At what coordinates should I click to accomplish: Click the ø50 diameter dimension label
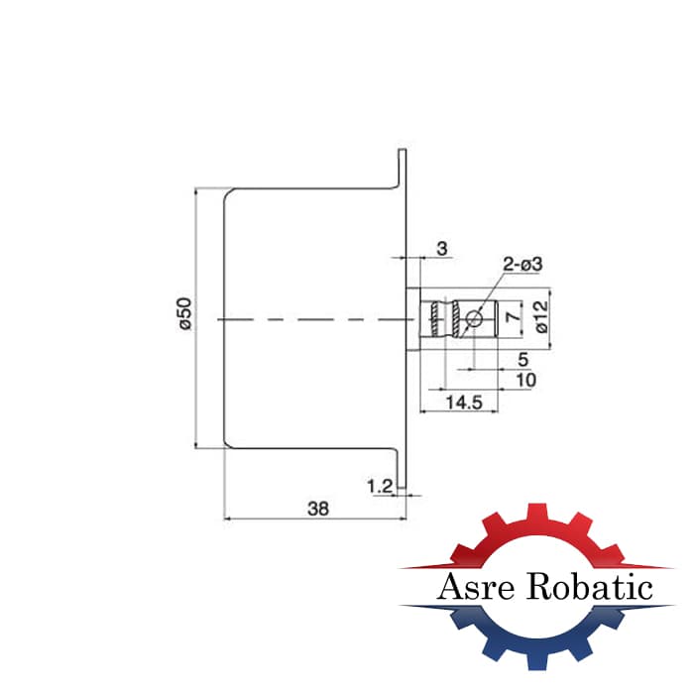[184, 313]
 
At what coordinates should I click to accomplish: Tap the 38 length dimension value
[318, 509]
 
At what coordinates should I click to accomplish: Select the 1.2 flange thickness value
[380, 487]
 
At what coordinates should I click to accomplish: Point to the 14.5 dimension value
[464, 403]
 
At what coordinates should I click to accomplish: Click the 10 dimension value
[525, 380]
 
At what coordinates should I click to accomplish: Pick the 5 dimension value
[523, 359]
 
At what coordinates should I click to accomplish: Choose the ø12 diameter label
[541, 316]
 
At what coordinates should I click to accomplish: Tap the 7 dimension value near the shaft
[514, 316]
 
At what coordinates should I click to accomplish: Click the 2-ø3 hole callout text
[522, 265]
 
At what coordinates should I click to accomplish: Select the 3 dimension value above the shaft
[442, 249]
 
